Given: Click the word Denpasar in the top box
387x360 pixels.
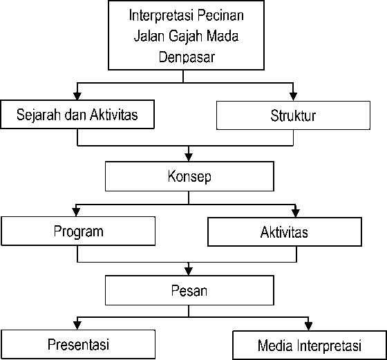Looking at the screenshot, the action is tap(187, 57).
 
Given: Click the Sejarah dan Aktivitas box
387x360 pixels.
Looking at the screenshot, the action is tap(77, 114).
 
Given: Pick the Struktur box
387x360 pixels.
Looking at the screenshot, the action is tap(293, 115).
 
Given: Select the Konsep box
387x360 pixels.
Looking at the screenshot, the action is tap(189, 176).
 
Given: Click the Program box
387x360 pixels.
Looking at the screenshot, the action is tap(78, 231).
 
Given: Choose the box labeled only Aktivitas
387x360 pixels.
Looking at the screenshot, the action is tap(285, 232).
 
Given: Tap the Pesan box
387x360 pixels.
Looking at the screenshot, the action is tap(189, 290).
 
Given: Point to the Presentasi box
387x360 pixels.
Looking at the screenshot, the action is tap(78, 344).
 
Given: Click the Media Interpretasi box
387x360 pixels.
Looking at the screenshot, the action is tap(310, 345).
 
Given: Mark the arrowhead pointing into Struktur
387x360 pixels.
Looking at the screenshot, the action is tap(293, 97).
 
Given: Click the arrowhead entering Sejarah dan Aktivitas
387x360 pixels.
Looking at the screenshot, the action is tap(77, 96).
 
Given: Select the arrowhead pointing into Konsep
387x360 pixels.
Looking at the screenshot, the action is tap(189, 157).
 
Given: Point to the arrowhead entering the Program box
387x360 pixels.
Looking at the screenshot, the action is tap(76, 212).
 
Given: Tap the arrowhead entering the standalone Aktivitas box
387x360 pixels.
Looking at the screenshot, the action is tap(296, 214).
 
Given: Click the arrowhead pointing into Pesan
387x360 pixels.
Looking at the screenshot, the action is tap(189, 271).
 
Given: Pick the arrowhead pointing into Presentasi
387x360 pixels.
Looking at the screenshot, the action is tap(77, 325).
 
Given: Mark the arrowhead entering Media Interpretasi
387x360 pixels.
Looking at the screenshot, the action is tap(308, 327).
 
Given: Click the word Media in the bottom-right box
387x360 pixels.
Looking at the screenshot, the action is tap(275, 345).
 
